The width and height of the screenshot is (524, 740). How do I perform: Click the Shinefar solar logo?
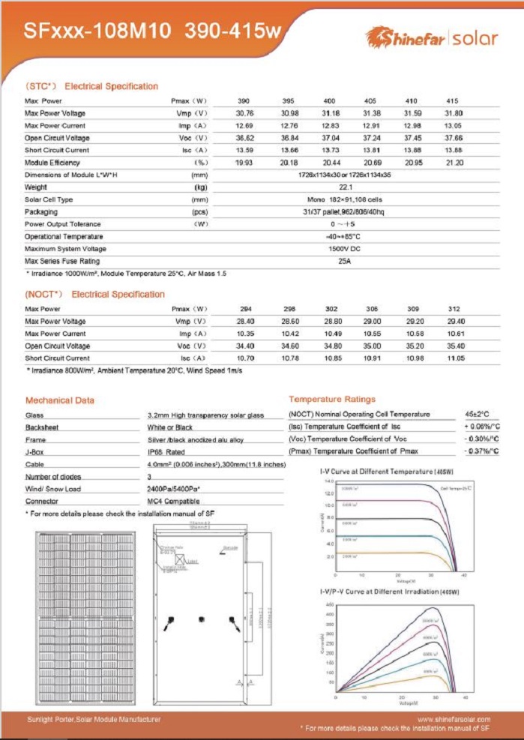pos(431,37)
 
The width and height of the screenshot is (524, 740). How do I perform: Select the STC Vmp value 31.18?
pos(330,113)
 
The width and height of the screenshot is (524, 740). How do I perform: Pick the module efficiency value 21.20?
pos(453,163)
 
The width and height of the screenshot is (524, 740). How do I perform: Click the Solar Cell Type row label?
pos(49,199)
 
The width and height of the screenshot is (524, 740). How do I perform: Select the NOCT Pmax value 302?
pos(330,309)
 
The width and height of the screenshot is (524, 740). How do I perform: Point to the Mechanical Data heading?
pos(60,400)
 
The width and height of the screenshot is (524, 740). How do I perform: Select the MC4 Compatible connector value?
pos(174,501)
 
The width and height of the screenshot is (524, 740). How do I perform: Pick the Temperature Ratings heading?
pos(332,400)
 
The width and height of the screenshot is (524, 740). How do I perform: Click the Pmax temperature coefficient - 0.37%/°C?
pos(480,451)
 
